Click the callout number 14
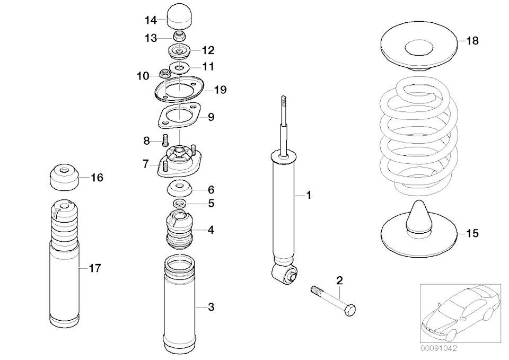pyautogui.click(x=151, y=20)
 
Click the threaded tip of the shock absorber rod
pyautogui.click(x=284, y=100)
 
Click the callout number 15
pyautogui.click(x=472, y=233)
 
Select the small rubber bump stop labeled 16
pyautogui.click(x=64, y=178)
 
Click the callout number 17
pyautogui.click(x=94, y=268)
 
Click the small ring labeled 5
pyautogui.click(x=180, y=204)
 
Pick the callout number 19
pyautogui.click(x=220, y=90)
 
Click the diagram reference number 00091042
pyautogui.click(x=439, y=349)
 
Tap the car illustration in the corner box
pyautogui.click(x=460, y=312)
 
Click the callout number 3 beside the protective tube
pyautogui.click(x=210, y=306)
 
